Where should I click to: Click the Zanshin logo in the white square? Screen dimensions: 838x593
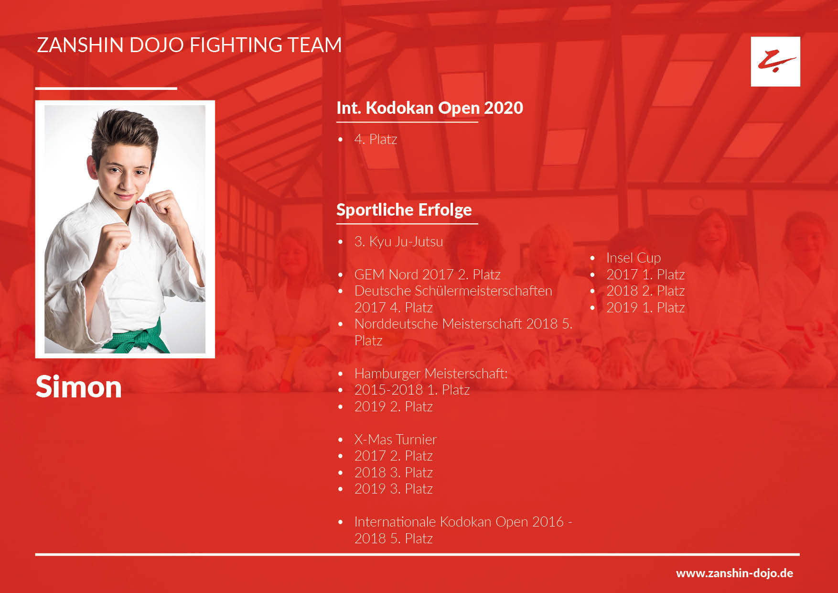(x=775, y=61)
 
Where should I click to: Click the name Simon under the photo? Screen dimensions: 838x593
(x=79, y=386)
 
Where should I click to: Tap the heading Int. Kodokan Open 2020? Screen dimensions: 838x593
(x=430, y=108)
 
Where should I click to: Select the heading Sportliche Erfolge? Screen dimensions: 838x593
(x=404, y=209)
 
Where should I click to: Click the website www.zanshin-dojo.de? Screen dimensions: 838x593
(x=734, y=573)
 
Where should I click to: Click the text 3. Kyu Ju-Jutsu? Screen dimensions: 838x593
(x=398, y=242)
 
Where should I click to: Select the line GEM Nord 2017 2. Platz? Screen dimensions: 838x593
(x=427, y=275)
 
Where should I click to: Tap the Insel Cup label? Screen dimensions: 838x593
(x=634, y=258)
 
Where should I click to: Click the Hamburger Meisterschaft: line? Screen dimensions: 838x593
(x=431, y=373)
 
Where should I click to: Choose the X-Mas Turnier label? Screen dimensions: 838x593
(x=396, y=439)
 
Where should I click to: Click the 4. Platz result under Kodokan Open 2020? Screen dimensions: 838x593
(x=376, y=139)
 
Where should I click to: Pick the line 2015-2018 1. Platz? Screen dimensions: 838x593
(x=412, y=390)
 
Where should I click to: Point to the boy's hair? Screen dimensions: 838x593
(x=125, y=132)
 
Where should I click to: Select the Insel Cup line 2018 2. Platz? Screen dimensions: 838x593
(x=645, y=291)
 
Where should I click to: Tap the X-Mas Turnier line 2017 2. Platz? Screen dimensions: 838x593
(x=394, y=456)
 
